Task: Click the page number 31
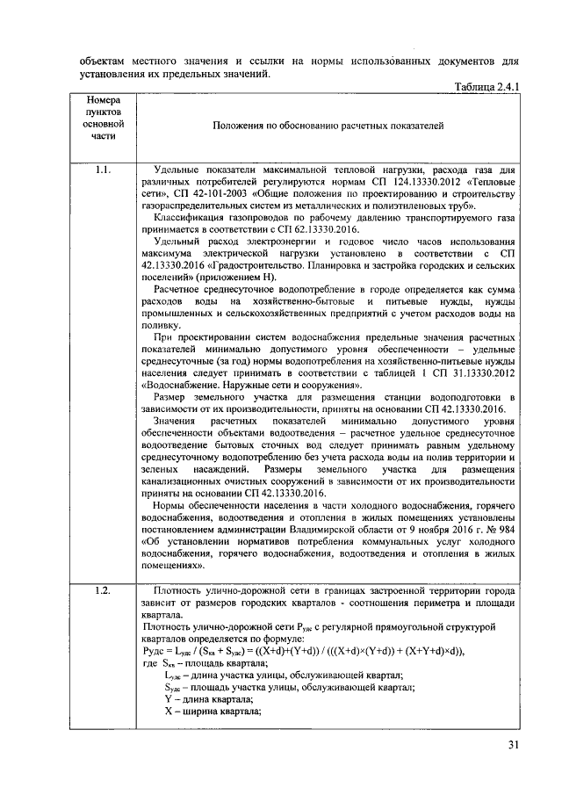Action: (513, 747)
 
